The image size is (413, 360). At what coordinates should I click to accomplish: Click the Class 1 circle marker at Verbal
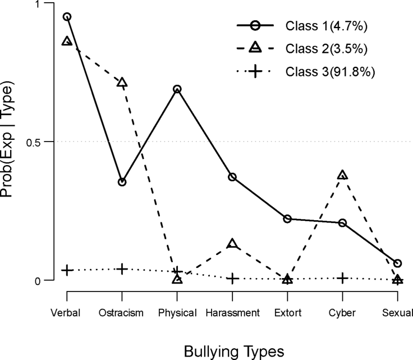(67, 17)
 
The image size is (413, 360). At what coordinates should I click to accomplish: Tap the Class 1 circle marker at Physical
(177, 89)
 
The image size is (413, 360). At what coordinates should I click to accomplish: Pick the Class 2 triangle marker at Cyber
(342, 175)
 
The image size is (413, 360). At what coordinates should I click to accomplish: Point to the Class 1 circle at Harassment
(232, 177)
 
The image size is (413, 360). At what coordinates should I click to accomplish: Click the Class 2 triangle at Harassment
(232, 244)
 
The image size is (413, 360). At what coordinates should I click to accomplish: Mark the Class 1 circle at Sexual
(397, 263)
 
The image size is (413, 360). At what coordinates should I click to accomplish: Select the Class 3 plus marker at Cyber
(342, 278)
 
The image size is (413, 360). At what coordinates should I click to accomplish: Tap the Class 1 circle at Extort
(287, 218)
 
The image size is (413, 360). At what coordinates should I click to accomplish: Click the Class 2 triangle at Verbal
(67, 42)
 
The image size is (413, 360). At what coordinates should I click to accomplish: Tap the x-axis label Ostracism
(122, 313)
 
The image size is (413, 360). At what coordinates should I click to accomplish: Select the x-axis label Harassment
(232, 313)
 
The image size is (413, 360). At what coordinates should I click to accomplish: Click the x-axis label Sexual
(397, 313)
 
